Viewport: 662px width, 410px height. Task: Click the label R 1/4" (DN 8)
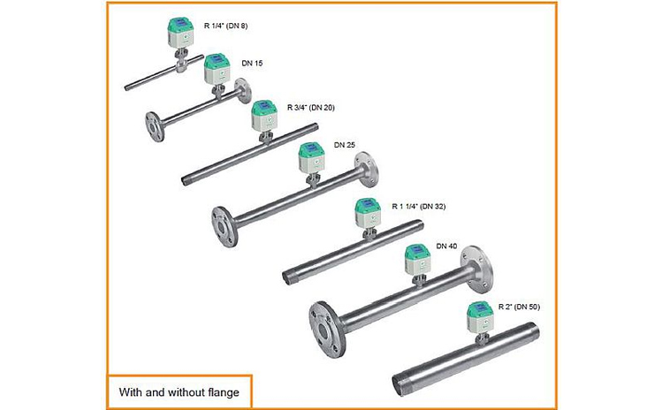[226, 26]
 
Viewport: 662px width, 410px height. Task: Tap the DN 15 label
[252, 63]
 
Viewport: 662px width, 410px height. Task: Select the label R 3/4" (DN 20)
[311, 108]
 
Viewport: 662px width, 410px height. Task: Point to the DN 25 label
[345, 145]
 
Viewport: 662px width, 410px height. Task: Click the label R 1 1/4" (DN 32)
[418, 207]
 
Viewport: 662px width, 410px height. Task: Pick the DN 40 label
[446, 246]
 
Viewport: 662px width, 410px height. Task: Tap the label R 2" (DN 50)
[519, 307]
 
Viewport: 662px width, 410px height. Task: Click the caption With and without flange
[179, 392]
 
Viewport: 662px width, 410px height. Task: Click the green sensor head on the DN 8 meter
[180, 33]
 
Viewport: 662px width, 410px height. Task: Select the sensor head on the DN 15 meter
[217, 69]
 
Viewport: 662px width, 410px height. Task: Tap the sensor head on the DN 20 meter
[264, 115]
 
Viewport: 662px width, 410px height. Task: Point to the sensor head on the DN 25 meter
[311, 158]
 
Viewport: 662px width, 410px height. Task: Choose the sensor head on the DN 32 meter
[369, 213]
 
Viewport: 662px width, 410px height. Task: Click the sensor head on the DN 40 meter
[418, 259]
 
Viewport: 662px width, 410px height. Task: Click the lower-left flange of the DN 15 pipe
[155, 126]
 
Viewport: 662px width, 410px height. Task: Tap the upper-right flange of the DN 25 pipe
[366, 170]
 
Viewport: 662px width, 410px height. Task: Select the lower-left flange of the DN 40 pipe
[327, 330]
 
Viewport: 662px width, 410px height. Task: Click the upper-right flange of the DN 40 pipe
[476, 269]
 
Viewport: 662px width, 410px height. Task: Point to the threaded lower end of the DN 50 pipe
[400, 384]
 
